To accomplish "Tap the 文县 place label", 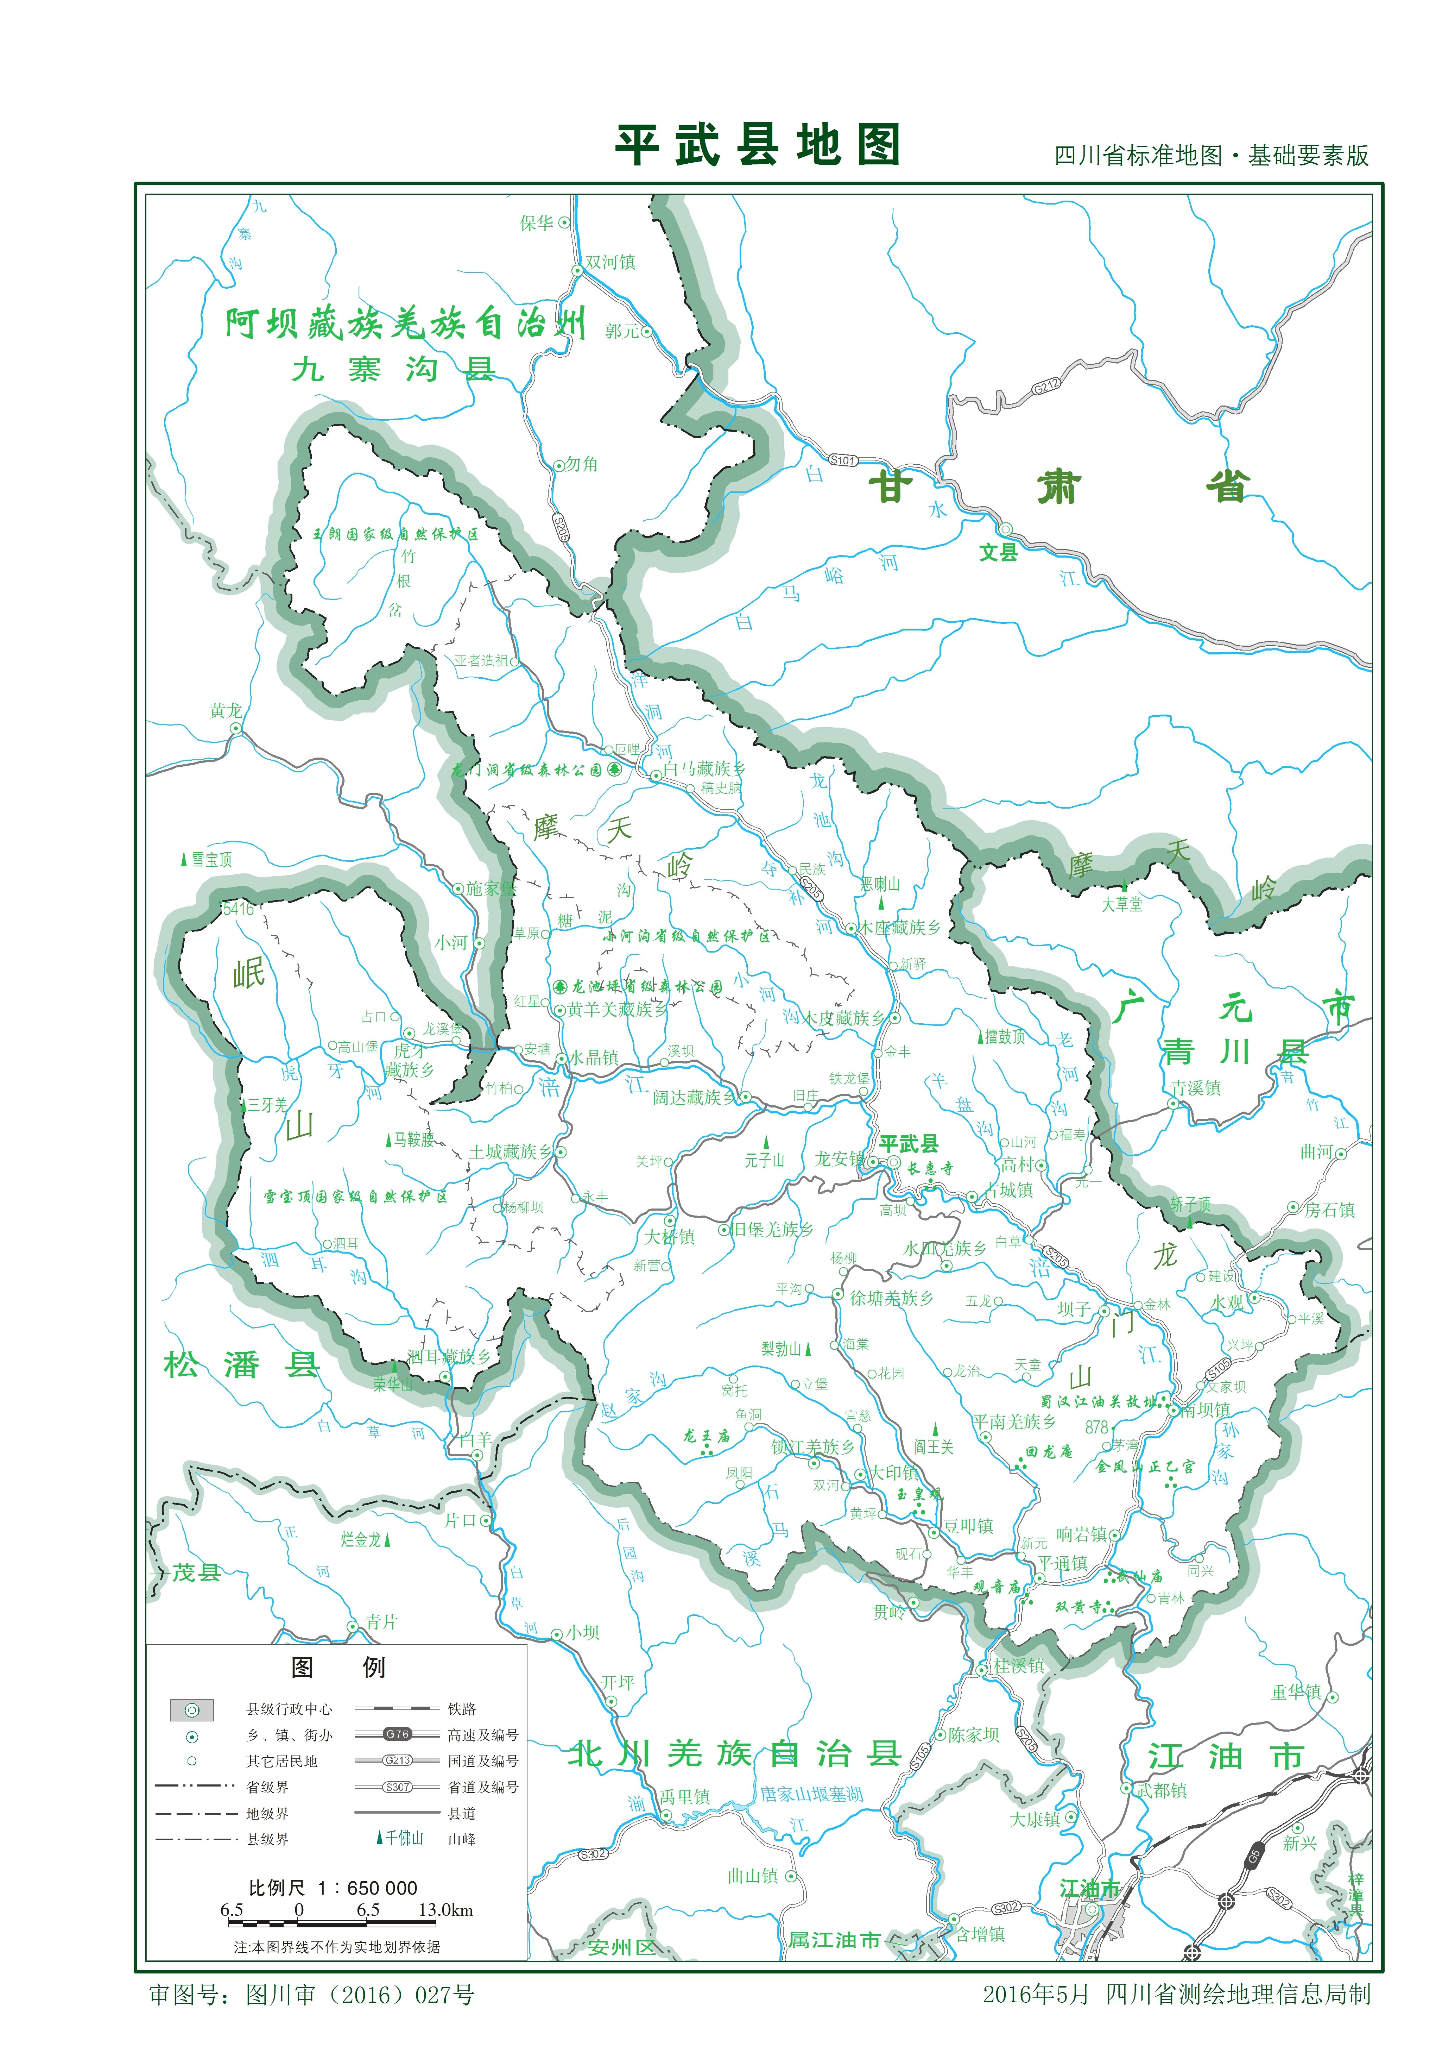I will point(998,552).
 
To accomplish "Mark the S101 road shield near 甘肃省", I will point(843,460).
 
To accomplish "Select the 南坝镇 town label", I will point(1206,1410).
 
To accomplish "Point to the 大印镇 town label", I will point(894,1473).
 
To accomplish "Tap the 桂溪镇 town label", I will point(1019,1666).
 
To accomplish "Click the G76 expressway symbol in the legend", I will point(397,1734).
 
